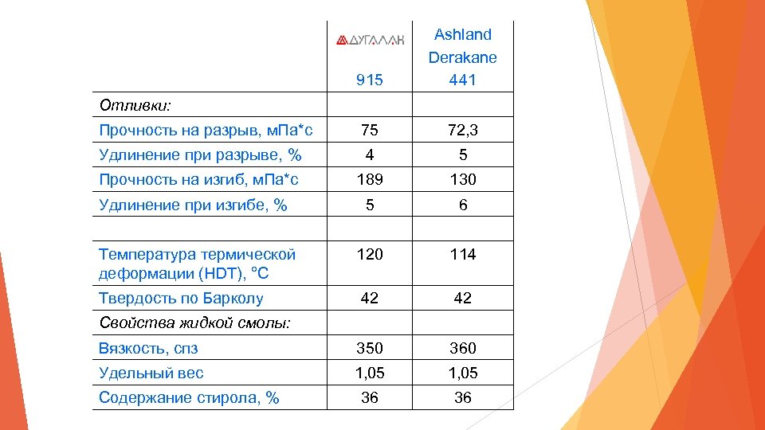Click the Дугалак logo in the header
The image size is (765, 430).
click(370, 39)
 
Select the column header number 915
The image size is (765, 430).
click(370, 80)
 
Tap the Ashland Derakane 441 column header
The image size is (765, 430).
click(462, 57)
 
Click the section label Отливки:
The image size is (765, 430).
click(136, 105)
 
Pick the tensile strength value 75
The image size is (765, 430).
click(370, 130)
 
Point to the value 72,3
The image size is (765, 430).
click(462, 130)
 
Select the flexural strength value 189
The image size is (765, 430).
click(370, 180)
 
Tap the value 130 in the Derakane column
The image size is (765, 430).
click(462, 180)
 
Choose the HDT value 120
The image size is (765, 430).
click(370, 254)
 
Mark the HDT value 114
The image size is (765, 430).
click(462, 254)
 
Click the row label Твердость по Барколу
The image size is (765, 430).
click(181, 299)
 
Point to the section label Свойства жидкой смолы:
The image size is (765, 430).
click(194, 322)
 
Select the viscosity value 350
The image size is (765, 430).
click(370, 348)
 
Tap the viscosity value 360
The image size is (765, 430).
click(462, 348)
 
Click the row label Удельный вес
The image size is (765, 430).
click(151, 373)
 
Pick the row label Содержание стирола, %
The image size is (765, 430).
click(189, 397)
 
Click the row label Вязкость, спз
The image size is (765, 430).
click(148, 348)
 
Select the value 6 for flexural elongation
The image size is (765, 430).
click(462, 205)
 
